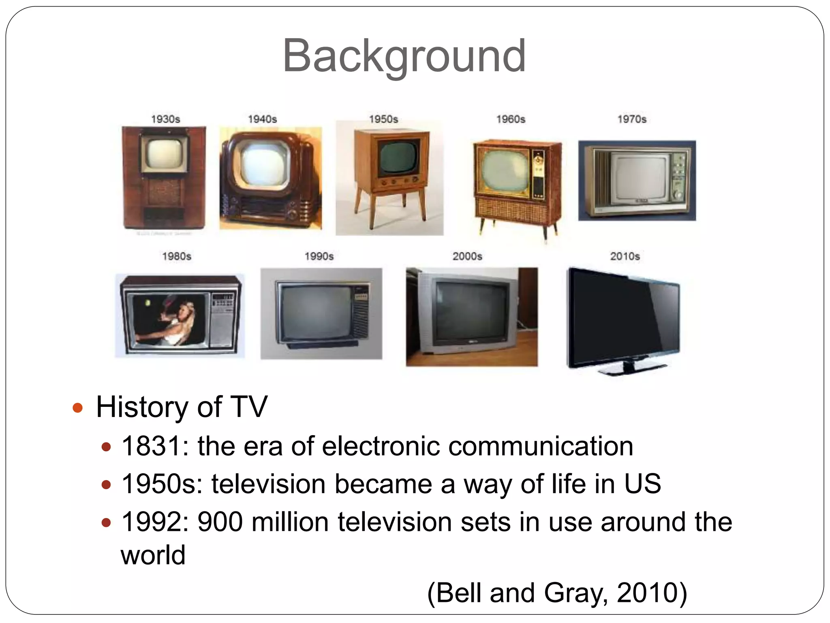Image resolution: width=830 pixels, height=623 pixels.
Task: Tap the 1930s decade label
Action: point(165,119)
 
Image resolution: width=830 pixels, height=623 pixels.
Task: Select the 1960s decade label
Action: point(511,119)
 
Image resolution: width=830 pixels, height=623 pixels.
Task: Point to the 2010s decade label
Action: point(625,256)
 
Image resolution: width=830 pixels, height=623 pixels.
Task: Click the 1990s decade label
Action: point(319,256)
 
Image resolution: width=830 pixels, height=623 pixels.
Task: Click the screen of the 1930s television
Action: point(164,155)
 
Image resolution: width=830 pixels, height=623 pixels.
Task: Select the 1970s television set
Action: point(637,180)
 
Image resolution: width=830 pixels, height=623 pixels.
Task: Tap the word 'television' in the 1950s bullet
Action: point(268,484)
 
